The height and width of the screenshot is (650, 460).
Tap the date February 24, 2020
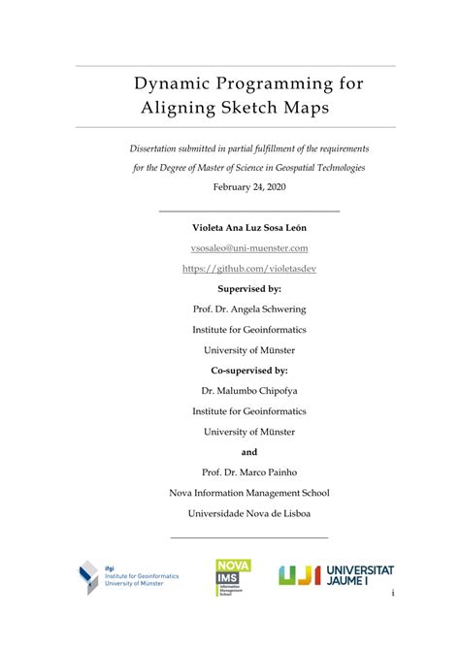tap(249, 185)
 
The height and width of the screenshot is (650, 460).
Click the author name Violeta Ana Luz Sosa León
tap(249, 228)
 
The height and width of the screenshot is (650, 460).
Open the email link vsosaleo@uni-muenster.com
tap(249, 248)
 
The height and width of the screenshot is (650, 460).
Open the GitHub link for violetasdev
tap(249, 269)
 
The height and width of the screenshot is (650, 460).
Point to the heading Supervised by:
tap(249, 289)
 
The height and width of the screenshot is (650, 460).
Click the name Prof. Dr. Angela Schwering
tap(249, 309)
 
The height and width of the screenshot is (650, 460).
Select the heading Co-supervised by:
tap(249, 371)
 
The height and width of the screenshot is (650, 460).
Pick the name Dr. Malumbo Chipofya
tap(249, 391)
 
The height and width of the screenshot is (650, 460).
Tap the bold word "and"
tap(249, 452)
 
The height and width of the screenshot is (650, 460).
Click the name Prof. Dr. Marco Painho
tap(249, 472)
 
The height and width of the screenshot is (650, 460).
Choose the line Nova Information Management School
tap(249, 493)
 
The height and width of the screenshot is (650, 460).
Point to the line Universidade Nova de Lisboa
tap(249, 513)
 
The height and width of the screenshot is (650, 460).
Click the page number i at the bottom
tap(393, 593)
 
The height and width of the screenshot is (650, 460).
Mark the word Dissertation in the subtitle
tap(157, 149)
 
